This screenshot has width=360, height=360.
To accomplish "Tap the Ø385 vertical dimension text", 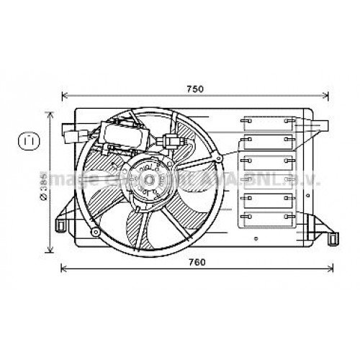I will [44, 188].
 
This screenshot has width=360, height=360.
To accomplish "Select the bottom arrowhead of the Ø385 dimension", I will [50, 253].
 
